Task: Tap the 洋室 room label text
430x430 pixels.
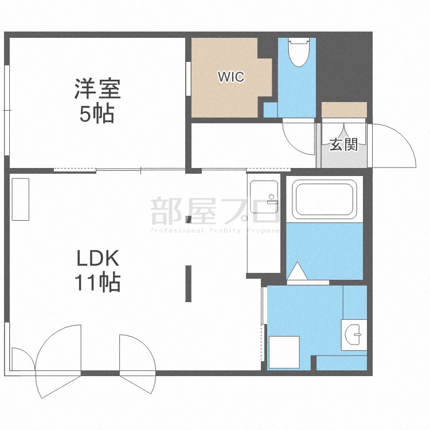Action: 97,90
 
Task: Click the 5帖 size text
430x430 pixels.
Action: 97,114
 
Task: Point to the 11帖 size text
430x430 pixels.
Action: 97,282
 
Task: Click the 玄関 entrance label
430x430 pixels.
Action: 343,144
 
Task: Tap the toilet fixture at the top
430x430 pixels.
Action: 297,53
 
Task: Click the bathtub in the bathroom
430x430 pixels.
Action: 325,199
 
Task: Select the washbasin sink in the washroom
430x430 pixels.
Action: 354,333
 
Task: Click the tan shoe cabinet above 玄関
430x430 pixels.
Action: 344,109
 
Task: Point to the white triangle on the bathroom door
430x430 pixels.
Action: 297,271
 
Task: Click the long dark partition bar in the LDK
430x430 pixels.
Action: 188,283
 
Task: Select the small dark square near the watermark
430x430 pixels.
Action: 189,218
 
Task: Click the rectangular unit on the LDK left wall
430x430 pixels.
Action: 20,200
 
